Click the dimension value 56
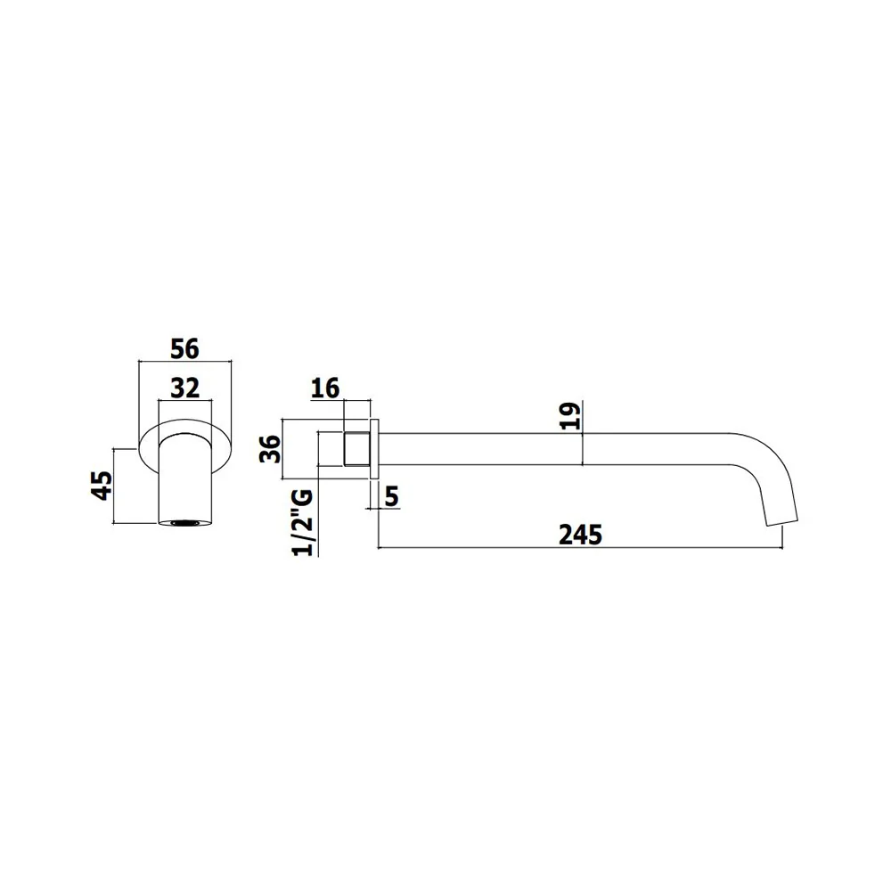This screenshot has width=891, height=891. pos(185,349)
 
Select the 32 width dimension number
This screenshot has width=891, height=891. pos(185,388)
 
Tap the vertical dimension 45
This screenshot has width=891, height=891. pos(102,486)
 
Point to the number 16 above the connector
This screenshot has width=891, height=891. pos(325,388)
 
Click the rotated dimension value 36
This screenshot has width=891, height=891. pos(271,449)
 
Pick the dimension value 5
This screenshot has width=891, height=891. pos(392,497)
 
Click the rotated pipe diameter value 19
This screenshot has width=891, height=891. pos(570,416)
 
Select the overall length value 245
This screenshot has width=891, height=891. pos(580,535)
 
